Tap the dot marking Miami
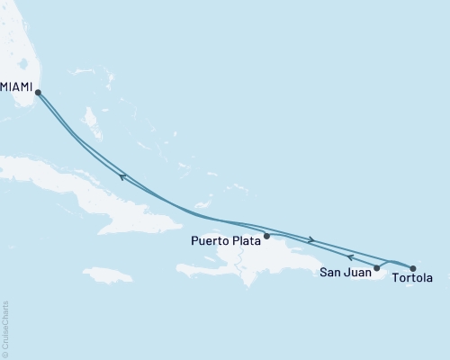pyautogui.click(x=38, y=91)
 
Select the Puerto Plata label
pyautogui.click(x=225, y=240)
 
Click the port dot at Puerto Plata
pyautogui.click(x=266, y=236)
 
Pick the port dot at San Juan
pyautogui.click(x=377, y=267)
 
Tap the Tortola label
pyautogui.click(x=414, y=278)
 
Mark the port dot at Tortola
pyautogui.click(x=413, y=267)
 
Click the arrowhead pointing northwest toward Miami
pyautogui.click(x=121, y=177)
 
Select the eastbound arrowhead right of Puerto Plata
pyautogui.click(x=311, y=239)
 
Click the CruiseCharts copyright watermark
pyautogui.click(x=6, y=328)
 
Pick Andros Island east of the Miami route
pyautogui.click(x=91, y=118)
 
